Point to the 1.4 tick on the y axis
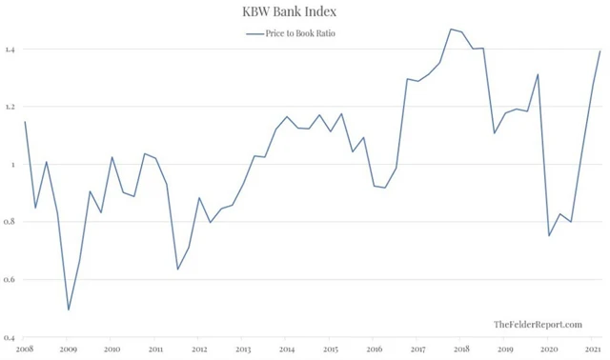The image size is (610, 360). (10, 50)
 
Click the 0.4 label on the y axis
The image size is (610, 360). (10, 338)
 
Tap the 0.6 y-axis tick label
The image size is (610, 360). (10, 280)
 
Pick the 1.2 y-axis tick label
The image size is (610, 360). (10, 107)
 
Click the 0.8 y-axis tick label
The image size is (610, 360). (10, 222)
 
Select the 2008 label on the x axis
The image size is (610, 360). (25, 350)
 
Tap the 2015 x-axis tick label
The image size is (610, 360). (330, 350)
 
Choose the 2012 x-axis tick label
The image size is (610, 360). (199, 350)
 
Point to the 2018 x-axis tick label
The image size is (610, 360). (460, 350)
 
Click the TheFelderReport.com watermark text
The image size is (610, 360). (538, 326)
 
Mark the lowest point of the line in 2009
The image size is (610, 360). (69, 310)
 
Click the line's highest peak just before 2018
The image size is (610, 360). (450, 29)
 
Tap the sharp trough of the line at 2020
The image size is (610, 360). (549, 236)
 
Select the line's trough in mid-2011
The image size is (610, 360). (177, 270)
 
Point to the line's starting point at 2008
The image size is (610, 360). (25, 121)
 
